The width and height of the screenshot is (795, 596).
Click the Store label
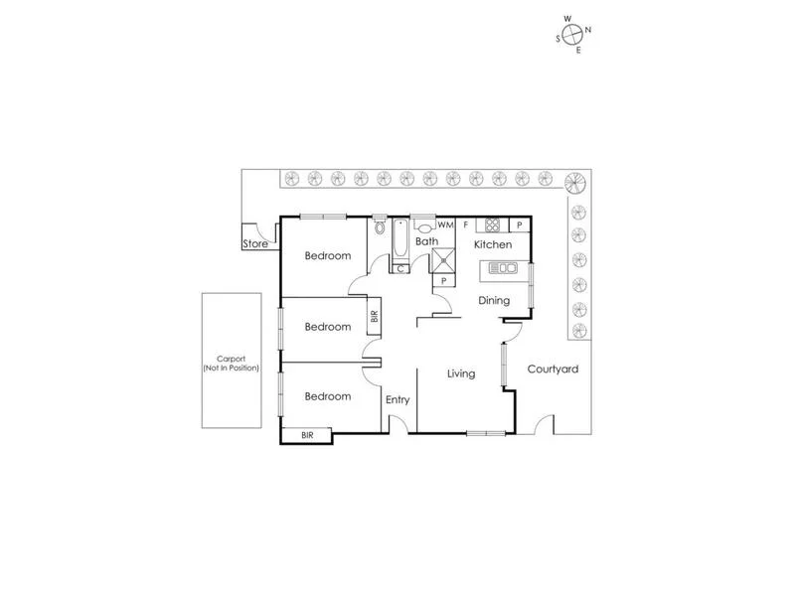click(x=256, y=242)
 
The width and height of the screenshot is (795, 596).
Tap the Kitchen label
click(x=492, y=244)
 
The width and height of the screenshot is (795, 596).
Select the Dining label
click(x=494, y=300)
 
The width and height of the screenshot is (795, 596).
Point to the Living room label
click(x=461, y=373)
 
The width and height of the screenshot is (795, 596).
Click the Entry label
click(x=397, y=399)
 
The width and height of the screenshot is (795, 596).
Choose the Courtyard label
click(x=553, y=369)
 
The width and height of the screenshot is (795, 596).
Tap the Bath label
click(x=426, y=241)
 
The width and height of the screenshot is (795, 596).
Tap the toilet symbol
click(x=380, y=228)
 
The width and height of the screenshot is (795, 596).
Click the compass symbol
click(x=571, y=34)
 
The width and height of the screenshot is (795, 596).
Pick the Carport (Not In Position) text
click(x=231, y=364)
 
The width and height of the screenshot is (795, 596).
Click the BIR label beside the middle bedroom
click(x=375, y=318)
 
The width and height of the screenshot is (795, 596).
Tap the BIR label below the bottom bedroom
click(x=307, y=434)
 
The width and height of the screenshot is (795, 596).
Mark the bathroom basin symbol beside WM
click(x=424, y=224)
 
